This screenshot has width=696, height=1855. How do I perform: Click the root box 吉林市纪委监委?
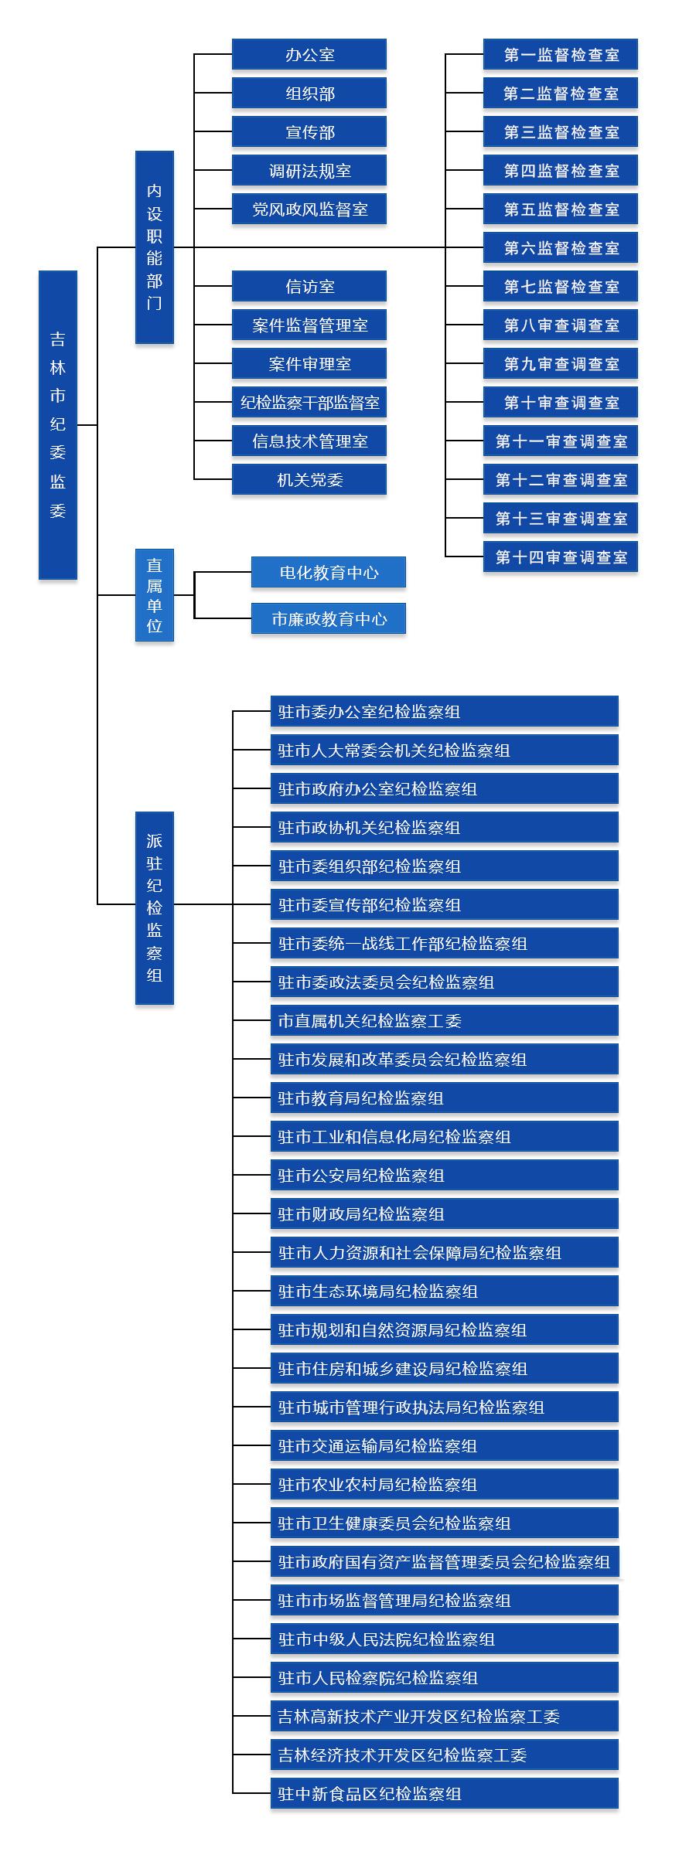tap(58, 425)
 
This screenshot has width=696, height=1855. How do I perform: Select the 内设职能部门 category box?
tap(155, 247)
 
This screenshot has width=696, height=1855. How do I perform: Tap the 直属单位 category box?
tap(155, 595)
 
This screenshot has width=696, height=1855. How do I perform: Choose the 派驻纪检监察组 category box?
tap(155, 908)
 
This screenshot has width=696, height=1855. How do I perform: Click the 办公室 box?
tap(309, 54)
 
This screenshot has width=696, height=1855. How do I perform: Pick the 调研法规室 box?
tap(309, 170)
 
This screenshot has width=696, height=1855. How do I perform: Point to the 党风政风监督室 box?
tap(309, 209)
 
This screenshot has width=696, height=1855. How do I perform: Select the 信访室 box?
tap(309, 286)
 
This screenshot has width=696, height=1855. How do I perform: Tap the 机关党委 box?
tap(309, 479)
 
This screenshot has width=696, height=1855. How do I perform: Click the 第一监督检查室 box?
tap(561, 54)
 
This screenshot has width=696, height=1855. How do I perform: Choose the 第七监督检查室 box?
tap(561, 286)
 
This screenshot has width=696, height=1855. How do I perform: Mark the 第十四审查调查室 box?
tap(561, 556)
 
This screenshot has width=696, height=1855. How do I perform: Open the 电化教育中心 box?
tap(329, 572)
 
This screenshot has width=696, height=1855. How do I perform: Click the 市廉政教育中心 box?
tap(329, 618)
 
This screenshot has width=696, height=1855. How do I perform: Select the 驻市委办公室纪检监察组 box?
tap(445, 711)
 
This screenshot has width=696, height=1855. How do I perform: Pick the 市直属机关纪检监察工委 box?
tap(445, 1020)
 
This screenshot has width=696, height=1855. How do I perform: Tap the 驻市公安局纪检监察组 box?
tap(445, 1175)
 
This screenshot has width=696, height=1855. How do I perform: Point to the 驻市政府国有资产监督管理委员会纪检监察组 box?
tap(445, 1561)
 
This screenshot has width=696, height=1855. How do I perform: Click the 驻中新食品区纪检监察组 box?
tap(445, 1793)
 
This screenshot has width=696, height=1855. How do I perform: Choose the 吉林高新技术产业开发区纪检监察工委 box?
tap(445, 1716)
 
